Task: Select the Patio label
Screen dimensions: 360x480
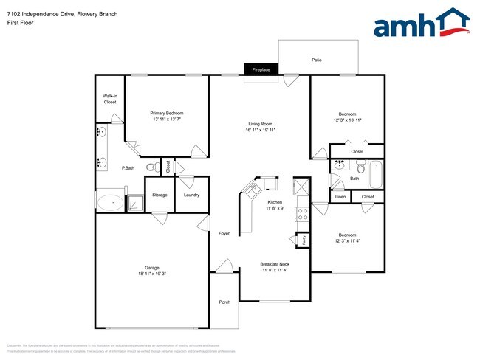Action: pyautogui.click(x=317, y=60)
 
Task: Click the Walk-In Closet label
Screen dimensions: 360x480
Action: pyautogui.click(x=110, y=99)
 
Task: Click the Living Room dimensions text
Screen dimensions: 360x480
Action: pyautogui.click(x=261, y=130)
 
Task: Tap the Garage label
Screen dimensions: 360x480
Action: pyautogui.click(x=152, y=267)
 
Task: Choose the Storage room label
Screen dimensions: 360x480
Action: pyautogui.click(x=160, y=195)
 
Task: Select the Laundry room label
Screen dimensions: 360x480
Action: pyautogui.click(x=191, y=195)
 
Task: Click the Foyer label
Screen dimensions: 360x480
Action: pyautogui.click(x=224, y=234)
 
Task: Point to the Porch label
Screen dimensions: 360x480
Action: pyautogui.click(x=224, y=302)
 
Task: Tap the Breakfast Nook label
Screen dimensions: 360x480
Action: pyautogui.click(x=275, y=263)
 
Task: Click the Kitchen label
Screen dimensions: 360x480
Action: pyautogui.click(x=275, y=201)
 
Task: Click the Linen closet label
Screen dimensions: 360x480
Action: pyautogui.click(x=340, y=197)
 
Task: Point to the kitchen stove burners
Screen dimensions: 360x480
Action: pyautogui.click(x=301, y=214)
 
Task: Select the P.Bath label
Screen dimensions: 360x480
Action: pyautogui.click(x=128, y=168)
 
